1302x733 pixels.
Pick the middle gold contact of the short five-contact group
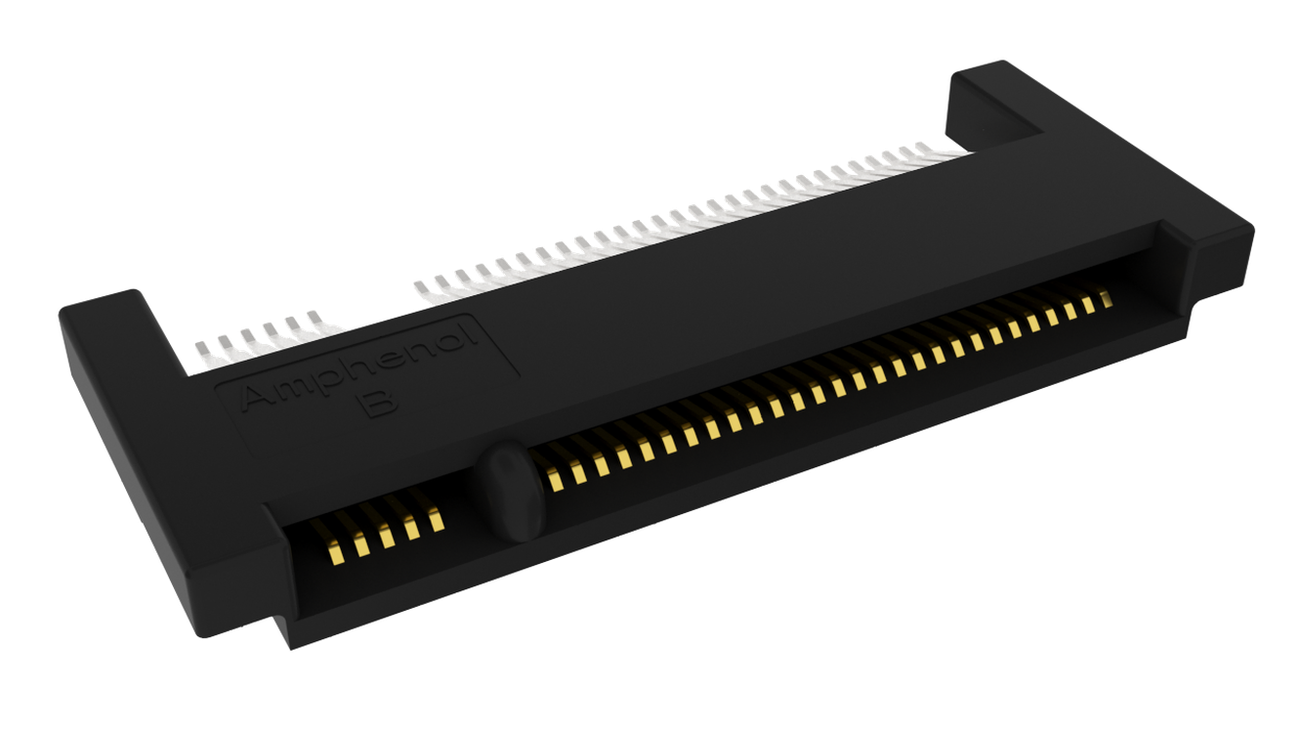386,536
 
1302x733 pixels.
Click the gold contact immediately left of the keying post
436,520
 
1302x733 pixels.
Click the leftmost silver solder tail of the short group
204,353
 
